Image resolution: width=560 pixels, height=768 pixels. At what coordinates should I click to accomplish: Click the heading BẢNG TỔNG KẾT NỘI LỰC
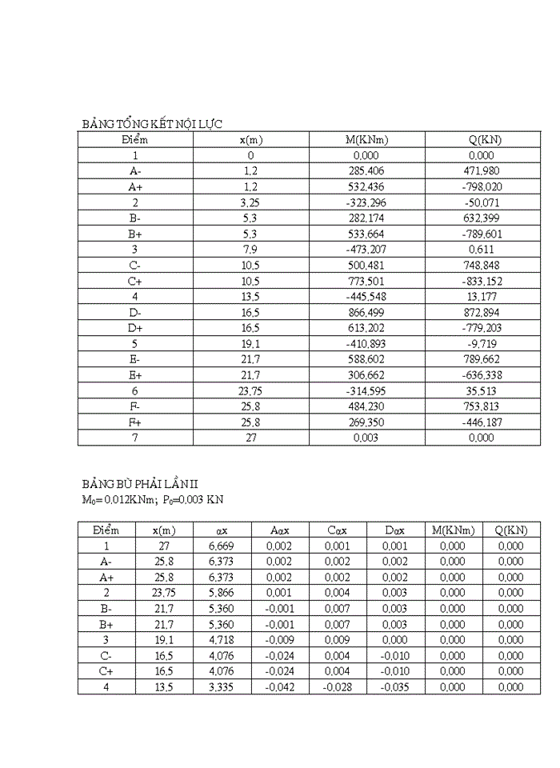coord(152,123)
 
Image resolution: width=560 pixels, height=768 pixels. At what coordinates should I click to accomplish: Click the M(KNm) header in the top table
coord(366,139)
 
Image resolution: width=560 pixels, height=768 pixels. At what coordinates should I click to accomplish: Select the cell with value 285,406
coord(366,171)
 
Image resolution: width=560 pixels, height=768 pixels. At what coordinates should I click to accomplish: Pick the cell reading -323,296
coord(366,202)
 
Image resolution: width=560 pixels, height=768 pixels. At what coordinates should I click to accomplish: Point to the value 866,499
coord(366,312)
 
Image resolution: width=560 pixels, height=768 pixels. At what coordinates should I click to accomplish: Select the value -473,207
coord(366,250)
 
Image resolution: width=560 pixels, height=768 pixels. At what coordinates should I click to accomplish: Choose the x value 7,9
coord(250,250)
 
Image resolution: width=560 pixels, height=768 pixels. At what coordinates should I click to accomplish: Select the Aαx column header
coord(279,530)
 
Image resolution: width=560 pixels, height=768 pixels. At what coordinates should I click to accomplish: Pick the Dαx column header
coord(394,530)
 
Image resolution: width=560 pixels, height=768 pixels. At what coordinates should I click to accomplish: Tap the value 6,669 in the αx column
coord(222,546)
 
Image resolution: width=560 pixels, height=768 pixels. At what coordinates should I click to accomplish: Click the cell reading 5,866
coord(222,593)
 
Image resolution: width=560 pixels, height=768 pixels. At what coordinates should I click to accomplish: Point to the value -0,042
coord(279,687)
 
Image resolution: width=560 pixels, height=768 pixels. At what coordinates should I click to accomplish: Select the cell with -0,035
coord(394,687)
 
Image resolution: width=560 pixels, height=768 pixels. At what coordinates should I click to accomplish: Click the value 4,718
coord(222,640)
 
